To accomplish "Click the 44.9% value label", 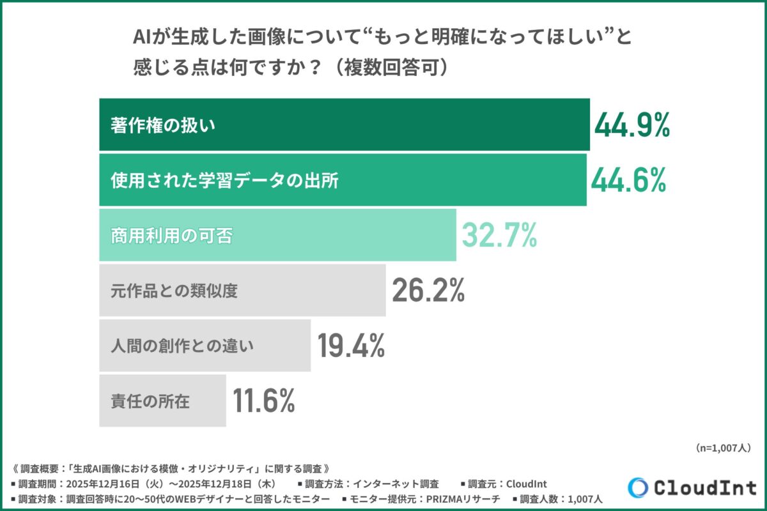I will coord(631,125).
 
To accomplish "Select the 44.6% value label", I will coord(628,180).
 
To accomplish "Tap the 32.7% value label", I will coord(499,236).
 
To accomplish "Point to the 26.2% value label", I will coord(428,291).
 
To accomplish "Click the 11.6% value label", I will coord(263,401).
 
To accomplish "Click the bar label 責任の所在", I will coord(150,402).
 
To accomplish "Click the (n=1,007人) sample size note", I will coord(722,448).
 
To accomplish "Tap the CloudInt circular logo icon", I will coord(637,488).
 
